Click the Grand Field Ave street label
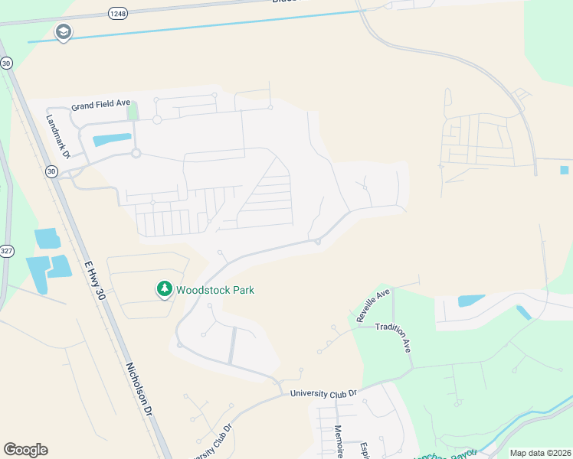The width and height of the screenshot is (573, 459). click(103, 107)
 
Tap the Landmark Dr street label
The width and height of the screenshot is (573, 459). click(58, 137)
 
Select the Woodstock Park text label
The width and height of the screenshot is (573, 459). click(215, 290)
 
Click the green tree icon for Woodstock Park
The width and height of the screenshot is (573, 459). click(164, 289)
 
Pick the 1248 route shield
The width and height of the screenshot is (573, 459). click(117, 14)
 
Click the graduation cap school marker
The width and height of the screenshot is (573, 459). click(63, 32)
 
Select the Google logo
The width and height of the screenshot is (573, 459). click(25, 450)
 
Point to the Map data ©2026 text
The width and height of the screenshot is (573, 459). click(539, 453)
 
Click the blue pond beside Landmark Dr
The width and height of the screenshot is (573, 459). click(110, 140)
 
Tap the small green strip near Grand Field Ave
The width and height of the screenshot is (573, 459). click(133, 111)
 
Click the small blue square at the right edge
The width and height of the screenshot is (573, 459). click(565, 170)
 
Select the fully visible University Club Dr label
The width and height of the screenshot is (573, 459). click(323, 393)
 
